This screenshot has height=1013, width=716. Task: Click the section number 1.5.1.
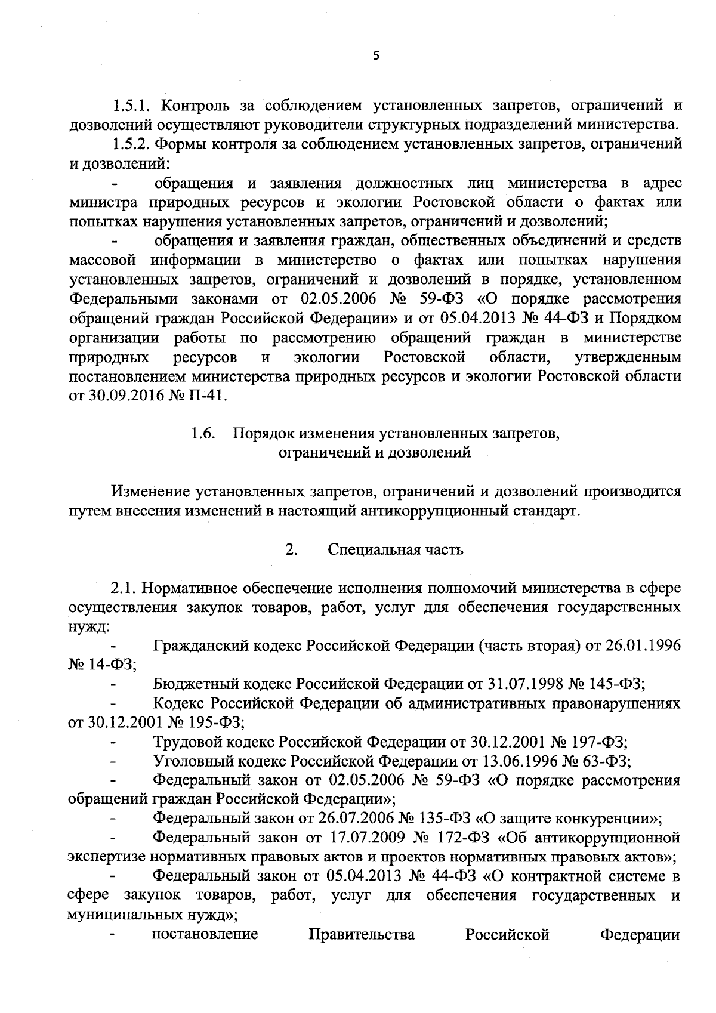click(133, 106)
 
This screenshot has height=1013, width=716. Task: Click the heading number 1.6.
click(203, 434)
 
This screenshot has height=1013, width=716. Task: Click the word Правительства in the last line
click(362, 934)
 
